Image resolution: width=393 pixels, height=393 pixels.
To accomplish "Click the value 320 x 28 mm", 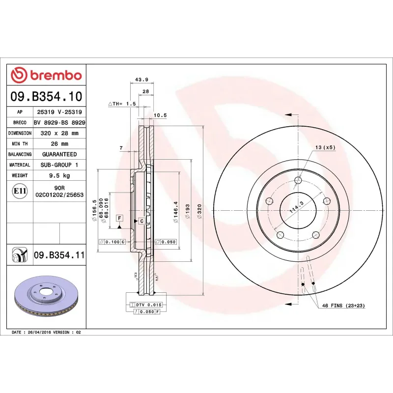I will [x=59, y=133].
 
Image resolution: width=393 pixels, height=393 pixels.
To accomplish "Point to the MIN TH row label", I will [x=20, y=144].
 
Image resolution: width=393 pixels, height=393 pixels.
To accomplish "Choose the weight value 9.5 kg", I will [x=59, y=175].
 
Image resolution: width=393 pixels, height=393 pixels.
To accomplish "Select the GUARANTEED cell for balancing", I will [x=59, y=154].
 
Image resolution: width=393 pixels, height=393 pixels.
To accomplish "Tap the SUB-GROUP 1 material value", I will [x=59, y=165].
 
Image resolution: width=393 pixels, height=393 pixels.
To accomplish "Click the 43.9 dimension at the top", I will [x=142, y=80].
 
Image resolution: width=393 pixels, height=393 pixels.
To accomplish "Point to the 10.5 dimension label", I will [x=160, y=115].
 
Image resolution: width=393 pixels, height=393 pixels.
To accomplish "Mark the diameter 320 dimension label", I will [x=199, y=212].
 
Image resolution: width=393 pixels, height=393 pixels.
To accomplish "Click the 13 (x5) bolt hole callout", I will [x=325, y=148].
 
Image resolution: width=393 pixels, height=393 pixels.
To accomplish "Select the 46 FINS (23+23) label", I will [x=343, y=306].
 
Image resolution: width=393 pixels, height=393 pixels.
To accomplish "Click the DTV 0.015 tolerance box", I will [x=149, y=305].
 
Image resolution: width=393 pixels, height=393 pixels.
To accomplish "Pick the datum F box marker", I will [x=119, y=218].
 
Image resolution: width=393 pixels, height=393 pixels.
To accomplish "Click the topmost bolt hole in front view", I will [x=297, y=180].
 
